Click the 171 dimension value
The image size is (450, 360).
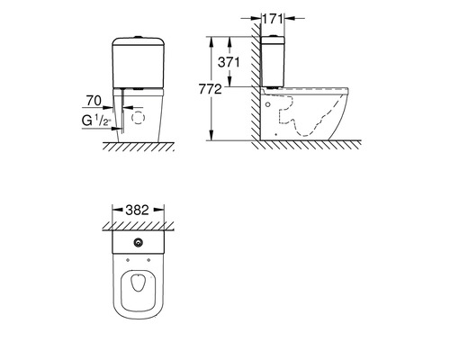click(273, 19)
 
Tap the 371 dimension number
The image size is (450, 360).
click(229, 62)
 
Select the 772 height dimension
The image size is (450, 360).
click(210, 89)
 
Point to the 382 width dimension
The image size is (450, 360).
click(137, 210)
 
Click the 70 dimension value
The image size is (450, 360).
click(94, 101)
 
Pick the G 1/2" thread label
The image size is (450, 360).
click(96, 121)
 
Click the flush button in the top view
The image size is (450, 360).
click(139, 243)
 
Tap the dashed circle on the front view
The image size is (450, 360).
click(139, 117)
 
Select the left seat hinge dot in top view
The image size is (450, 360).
click(128, 260)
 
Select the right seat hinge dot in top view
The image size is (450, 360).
click(148, 260)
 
